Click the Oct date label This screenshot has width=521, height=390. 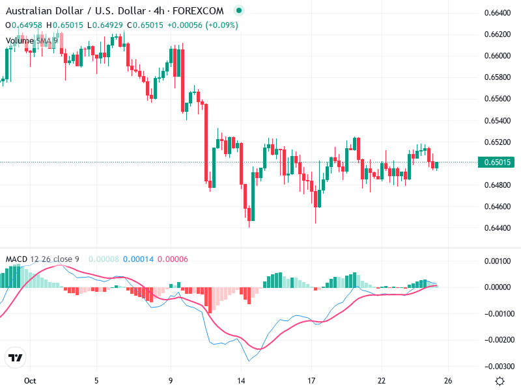tap(29, 381)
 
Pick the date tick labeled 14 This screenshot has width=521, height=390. tap(241, 381)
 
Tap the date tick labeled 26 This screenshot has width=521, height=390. tap(448, 381)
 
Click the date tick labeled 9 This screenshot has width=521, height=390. tap(171, 381)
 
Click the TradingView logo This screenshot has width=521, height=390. tap(16, 357)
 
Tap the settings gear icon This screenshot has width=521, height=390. tap(500, 381)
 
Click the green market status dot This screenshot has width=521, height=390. tap(239, 11)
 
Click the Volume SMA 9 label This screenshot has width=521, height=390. tap(32, 40)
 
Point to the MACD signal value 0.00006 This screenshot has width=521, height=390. tap(173, 259)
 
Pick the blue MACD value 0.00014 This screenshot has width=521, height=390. tap(138, 259)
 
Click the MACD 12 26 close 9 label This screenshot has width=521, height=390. tap(42, 259)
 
